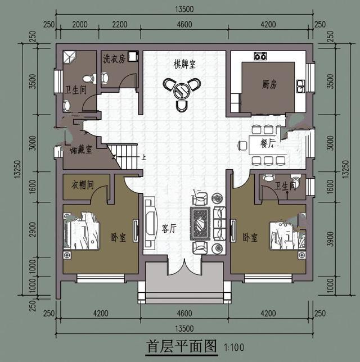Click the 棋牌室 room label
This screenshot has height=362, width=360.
click(184, 64)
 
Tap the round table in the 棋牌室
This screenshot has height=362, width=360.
click(181, 90)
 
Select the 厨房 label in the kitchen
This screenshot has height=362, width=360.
click(269, 84)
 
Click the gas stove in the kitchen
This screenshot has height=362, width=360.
click(260, 56)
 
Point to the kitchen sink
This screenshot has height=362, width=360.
click(300, 86)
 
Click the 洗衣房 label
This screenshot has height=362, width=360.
click(114, 58)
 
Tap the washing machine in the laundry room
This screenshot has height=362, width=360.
click(133, 56)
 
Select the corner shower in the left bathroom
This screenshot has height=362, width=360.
click(69, 57)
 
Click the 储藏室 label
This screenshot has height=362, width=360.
click(81, 150)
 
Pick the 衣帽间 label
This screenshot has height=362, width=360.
click(83, 185)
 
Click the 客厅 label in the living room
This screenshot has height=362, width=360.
click(169, 228)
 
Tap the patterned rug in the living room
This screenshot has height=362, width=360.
click(200, 223)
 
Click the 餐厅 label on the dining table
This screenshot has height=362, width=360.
click(268, 144)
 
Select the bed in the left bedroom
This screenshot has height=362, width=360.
click(82, 231)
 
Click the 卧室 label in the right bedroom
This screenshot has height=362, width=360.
click(250, 237)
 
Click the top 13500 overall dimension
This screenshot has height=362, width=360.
click(184, 9)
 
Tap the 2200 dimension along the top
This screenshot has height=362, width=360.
click(120, 25)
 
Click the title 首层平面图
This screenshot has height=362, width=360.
click(182, 346)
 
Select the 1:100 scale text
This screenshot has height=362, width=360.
click(234, 347)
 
